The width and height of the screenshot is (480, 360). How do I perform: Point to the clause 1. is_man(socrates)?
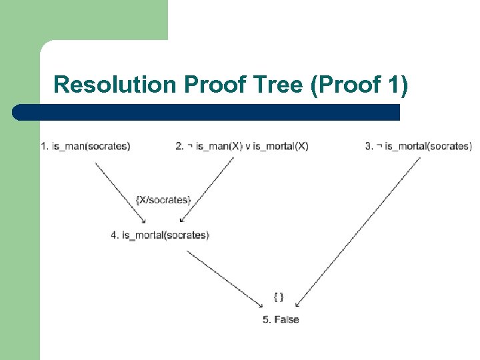(85, 146)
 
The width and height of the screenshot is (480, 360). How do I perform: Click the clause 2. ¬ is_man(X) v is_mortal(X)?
(242, 146)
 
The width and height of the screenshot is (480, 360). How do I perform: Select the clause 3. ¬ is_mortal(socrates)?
(418, 146)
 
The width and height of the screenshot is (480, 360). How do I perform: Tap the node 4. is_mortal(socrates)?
(160, 235)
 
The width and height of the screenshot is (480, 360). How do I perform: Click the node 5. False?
(281, 319)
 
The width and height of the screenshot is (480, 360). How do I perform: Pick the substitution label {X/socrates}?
(163, 199)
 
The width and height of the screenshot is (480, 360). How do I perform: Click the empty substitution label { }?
(279, 296)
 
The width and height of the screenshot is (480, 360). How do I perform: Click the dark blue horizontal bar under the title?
(207, 111)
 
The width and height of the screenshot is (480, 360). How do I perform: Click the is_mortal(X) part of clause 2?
(281, 146)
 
